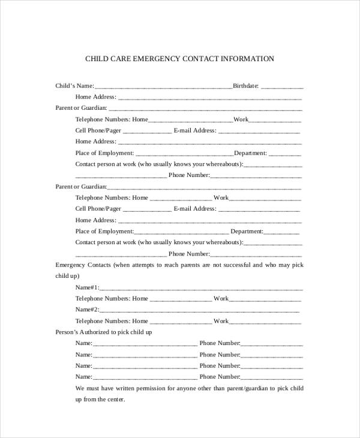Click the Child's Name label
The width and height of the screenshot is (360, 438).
click(x=74, y=86)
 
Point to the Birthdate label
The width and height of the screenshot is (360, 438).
click(x=245, y=86)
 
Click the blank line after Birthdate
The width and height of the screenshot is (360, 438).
click(x=282, y=87)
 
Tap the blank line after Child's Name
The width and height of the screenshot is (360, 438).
click(x=163, y=87)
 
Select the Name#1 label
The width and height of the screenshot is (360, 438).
click(x=87, y=287)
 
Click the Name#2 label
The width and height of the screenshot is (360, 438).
click(x=87, y=310)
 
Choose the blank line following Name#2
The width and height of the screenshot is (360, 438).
click(x=199, y=311)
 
